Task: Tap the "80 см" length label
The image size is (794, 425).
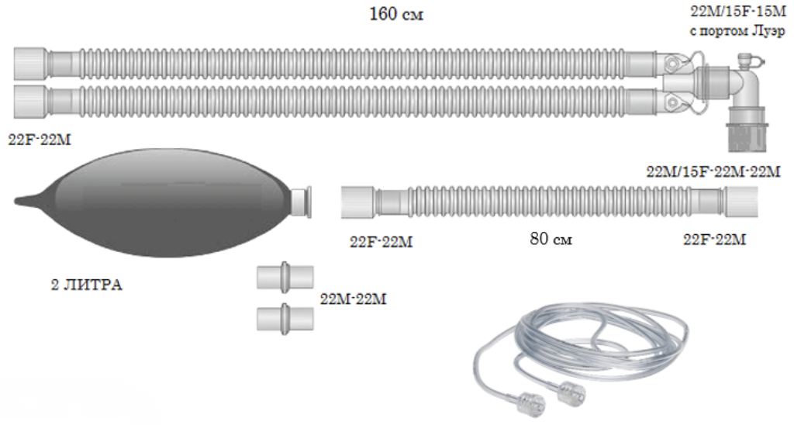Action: tap(551, 239)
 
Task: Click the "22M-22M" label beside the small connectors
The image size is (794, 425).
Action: tap(353, 299)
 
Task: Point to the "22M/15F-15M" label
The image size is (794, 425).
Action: tap(738, 13)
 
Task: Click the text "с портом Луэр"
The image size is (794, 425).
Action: tap(737, 32)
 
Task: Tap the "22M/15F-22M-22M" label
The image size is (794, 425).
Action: tap(713, 171)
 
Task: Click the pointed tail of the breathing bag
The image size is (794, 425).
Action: tap(25, 202)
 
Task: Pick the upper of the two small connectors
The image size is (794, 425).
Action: tap(286, 278)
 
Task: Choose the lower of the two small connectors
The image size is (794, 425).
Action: tap(286, 319)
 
